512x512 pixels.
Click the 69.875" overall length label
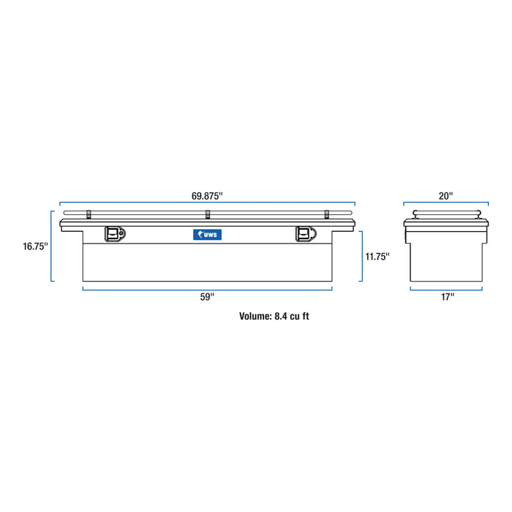tap(207, 196)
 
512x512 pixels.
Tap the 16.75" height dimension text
tap(34, 246)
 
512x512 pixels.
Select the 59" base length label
tap(207, 297)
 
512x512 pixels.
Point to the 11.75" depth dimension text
tap(377, 256)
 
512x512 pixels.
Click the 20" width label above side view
tap(446, 196)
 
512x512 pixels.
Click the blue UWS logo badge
tap(207, 234)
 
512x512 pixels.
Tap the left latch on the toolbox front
tap(115, 233)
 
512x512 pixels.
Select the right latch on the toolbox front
tap(304, 233)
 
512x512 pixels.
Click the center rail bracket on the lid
tap(208, 214)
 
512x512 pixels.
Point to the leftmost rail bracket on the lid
tap(89, 214)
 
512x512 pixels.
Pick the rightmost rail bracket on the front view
tap(327, 214)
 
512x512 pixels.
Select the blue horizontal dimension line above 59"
tap(207, 289)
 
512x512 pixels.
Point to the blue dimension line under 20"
tap(446, 203)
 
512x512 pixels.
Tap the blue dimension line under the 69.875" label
tap(207, 203)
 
